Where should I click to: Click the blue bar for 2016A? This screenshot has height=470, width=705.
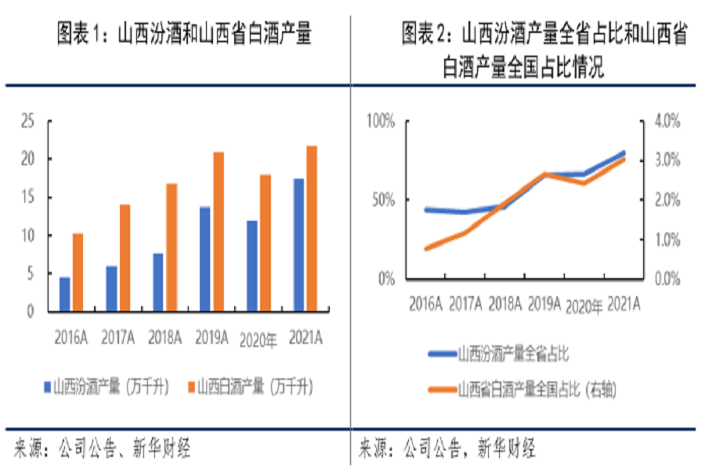pos(65,294)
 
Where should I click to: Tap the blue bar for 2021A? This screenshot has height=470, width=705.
pos(298,244)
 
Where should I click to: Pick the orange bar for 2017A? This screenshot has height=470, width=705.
pos(125,258)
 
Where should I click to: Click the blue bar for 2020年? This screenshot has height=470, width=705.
pos(251,266)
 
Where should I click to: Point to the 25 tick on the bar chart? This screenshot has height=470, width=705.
pos(28,121)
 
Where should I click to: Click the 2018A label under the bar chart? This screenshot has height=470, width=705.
pos(164,338)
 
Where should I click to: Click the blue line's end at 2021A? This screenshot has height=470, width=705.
pos(624,153)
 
